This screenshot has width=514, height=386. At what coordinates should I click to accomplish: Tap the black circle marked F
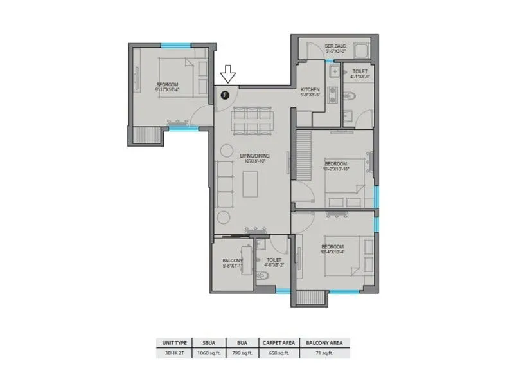point(224,95)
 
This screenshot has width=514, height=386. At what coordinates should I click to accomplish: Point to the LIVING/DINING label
point(254,156)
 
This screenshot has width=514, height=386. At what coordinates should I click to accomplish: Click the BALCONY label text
point(232,260)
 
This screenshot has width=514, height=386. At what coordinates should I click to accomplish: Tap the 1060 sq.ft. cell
point(206,353)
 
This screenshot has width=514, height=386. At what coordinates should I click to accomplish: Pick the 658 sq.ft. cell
point(278,353)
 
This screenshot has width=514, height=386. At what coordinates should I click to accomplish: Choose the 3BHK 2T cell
point(172,353)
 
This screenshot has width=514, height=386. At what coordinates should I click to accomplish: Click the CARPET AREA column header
point(278,343)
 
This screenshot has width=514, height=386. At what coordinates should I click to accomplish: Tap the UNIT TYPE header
point(172,343)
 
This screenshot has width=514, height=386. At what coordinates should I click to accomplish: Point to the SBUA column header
point(206,343)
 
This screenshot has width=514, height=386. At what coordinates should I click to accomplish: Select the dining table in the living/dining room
point(252,120)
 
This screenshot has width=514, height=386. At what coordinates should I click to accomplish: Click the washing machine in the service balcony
point(361,50)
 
